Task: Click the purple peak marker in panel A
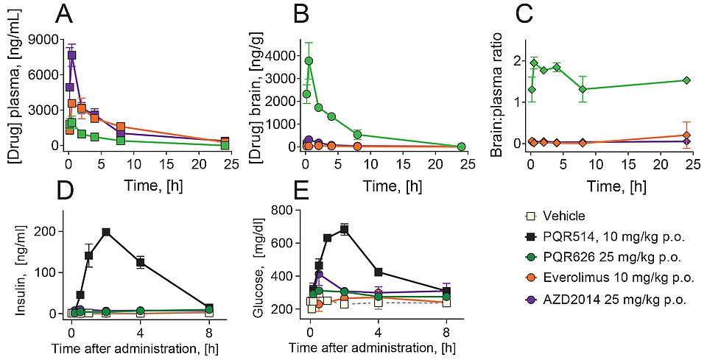pos(72,55)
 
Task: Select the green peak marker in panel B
pos(309,60)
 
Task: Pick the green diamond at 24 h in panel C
pos(686,80)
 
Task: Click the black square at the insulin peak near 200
pos(106,232)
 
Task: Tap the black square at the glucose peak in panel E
pos(344,230)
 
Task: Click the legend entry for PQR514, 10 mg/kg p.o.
pos(603,237)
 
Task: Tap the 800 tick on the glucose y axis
pos(286,211)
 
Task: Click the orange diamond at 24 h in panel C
pos(686,135)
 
